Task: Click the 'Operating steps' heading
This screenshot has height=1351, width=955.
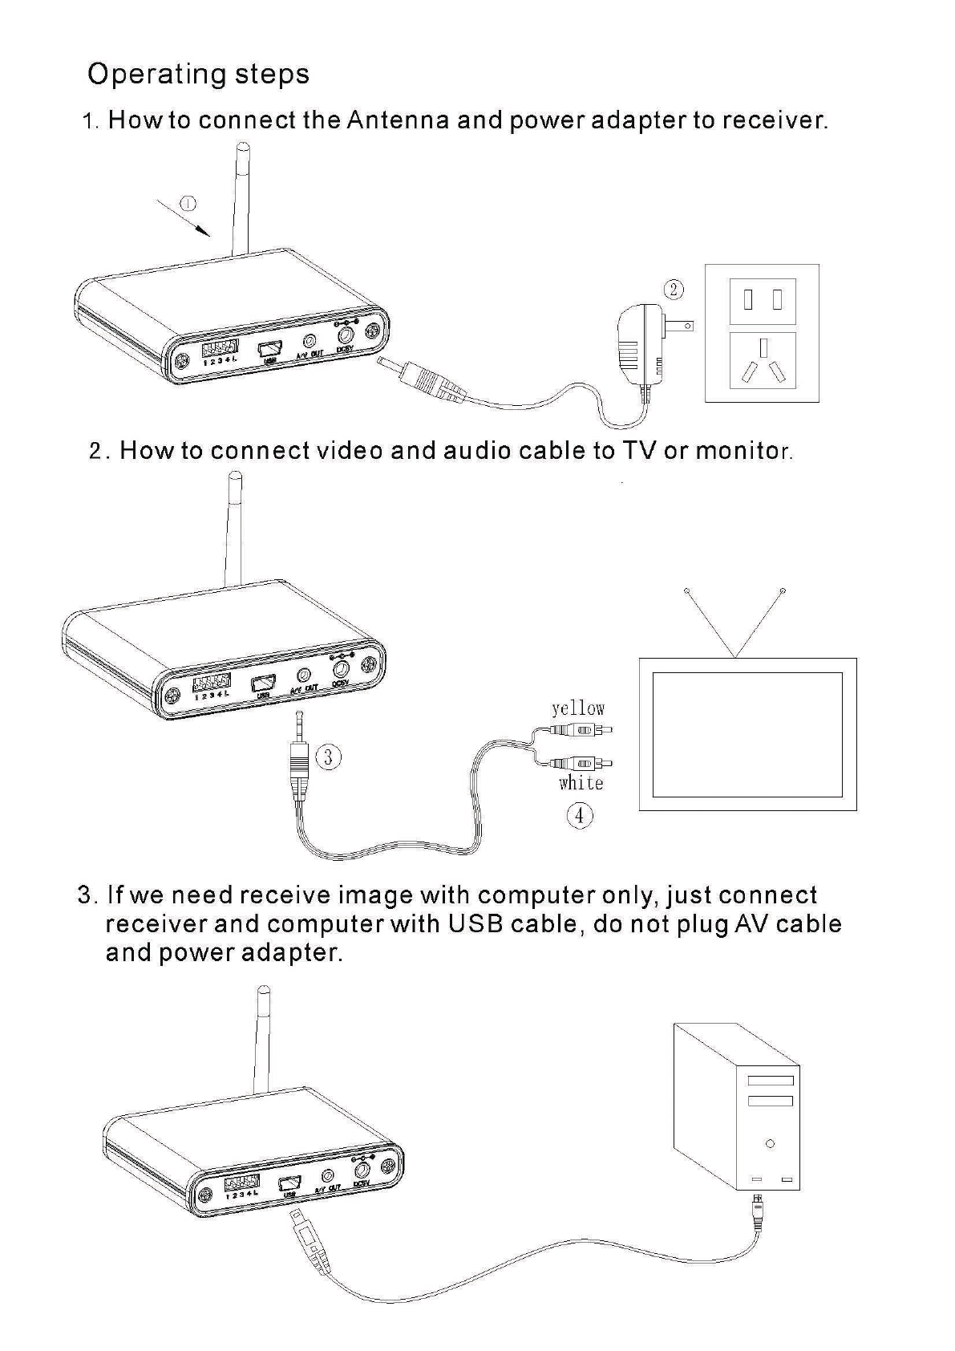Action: pyautogui.click(x=198, y=74)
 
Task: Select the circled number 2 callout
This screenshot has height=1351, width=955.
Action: pyautogui.click(x=674, y=290)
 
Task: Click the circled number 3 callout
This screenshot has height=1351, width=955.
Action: pyautogui.click(x=327, y=757)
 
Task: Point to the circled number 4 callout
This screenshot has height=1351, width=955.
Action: pyautogui.click(x=579, y=816)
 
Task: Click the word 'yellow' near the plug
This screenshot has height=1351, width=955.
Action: pyautogui.click(x=577, y=708)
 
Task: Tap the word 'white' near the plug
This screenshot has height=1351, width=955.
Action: pyautogui.click(x=581, y=782)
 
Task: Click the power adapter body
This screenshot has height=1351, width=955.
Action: pyautogui.click(x=639, y=345)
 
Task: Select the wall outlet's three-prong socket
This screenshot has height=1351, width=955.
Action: pyautogui.click(x=762, y=361)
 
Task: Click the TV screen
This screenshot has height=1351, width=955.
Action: pyautogui.click(x=747, y=734)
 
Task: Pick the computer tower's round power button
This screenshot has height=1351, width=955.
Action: pyautogui.click(x=770, y=1143)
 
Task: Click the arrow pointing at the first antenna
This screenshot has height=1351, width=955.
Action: pyautogui.click(x=184, y=217)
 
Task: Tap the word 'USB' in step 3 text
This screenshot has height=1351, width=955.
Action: pyautogui.click(x=475, y=923)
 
